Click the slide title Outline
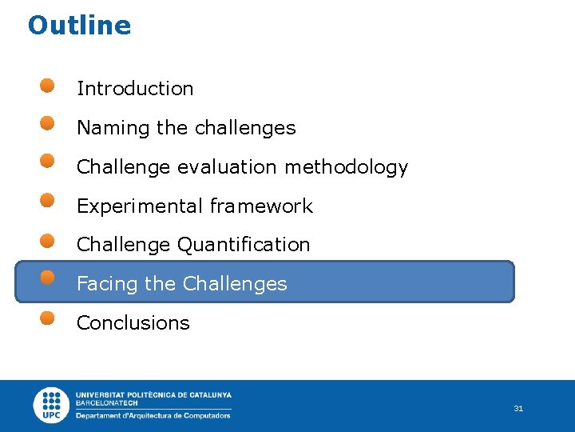click(x=79, y=26)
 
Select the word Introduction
click(x=135, y=89)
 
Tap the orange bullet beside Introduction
click(x=48, y=85)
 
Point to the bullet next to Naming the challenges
click(x=48, y=123)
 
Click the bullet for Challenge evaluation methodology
click(x=48, y=161)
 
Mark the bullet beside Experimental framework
click(x=48, y=199)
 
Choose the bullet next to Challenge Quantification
click(x=48, y=240)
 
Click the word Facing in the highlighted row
click(x=101, y=284)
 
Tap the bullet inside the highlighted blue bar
click(x=48, y=278)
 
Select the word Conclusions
click(x=133, y=323)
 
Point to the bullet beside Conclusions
click(x=48, y=317)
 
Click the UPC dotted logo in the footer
click(x=52, y=405)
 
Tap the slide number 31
click(x=518, y=409)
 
